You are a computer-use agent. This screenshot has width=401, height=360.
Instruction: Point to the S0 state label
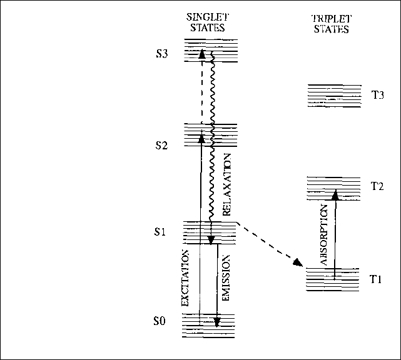160,322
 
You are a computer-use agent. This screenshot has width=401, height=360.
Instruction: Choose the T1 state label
376,279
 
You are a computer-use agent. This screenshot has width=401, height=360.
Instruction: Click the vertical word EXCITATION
185,277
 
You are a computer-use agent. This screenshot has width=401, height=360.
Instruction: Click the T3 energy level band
334,96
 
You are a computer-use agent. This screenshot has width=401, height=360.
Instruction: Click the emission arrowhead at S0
216,322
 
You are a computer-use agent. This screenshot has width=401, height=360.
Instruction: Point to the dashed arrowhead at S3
201,54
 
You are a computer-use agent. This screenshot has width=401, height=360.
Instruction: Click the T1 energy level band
333,279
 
